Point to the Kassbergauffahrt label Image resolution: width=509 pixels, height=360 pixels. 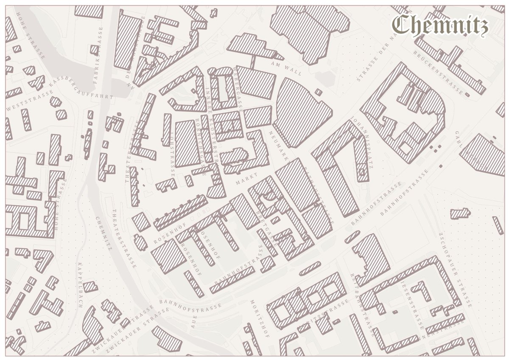click(81, 89)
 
